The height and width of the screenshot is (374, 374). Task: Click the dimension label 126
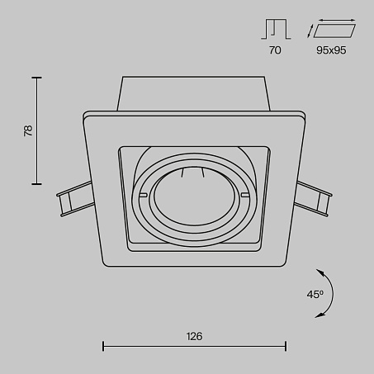coord(194,336)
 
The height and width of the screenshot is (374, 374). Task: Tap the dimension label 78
coord(28,130)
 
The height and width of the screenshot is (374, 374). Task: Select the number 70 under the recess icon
coord(275,50)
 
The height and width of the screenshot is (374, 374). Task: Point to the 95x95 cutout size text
coord(331,50)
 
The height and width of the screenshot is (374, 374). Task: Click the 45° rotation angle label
coord(315,295)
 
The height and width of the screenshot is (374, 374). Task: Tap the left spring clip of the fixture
coord(75,198)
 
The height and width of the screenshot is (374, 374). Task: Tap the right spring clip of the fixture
coord(314,199)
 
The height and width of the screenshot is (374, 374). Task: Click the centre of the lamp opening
coord(194,196)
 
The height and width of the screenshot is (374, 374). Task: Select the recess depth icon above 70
coord(276,29)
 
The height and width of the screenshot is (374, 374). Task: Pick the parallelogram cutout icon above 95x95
coord(334,31)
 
